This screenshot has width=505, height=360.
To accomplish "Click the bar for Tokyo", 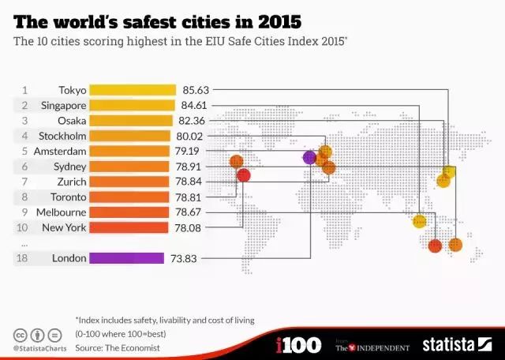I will click(133, 90).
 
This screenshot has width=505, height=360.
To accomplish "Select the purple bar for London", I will click(126, 258).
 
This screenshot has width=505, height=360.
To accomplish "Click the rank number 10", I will click(24, 227).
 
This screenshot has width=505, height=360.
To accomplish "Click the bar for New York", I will click(129, 227).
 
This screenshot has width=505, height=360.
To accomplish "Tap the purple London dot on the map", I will click(309, 157).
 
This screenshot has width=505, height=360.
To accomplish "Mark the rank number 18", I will click(24, 258).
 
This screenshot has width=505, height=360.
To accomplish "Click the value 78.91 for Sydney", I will click(190, 167).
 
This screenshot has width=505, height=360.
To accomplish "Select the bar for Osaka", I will click(131, 121).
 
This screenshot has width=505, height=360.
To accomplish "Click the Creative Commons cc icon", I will click(19, 334).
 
